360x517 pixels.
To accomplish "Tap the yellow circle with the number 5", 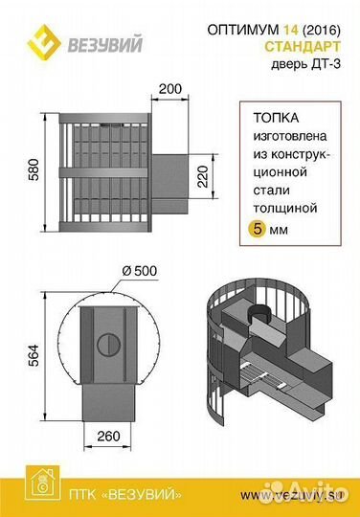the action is [x=258, y=230].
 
